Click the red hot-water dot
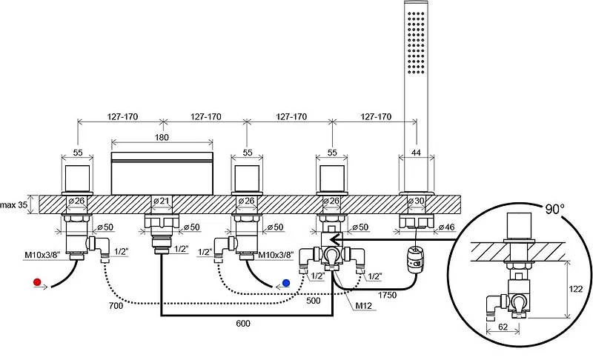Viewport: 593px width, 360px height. [x=37, y=281]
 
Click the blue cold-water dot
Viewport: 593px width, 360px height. [x=286, y=283]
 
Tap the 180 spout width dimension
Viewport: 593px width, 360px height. [x=162, y=137]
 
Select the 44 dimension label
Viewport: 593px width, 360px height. [x=416, y=153]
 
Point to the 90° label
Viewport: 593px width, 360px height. [x=554, y=209]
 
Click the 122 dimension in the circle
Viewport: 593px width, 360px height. [x=576, y=289]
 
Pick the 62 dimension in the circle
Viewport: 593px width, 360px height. [x=503, y=327]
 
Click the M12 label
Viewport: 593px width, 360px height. [x=363, y=306]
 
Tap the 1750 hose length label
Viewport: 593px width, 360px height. [x=387, y=295]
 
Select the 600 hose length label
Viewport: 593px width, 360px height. [x=243, y=324]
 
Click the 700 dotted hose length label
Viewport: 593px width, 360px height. [x=116, y=305]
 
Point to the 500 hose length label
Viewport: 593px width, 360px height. [x=314, y=300]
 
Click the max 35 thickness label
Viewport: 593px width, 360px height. [x=14, y=204]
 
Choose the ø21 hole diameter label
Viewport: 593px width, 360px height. [x=162, y=201]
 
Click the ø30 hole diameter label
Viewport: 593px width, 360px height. [x=417, y=201]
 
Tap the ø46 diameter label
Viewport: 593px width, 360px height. [x=447, y=227]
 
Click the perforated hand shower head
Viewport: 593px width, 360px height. [x=416, y=41]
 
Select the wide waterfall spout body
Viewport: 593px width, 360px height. [x=162, y=173]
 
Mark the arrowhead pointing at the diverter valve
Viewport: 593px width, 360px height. [x=335, y=239]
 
